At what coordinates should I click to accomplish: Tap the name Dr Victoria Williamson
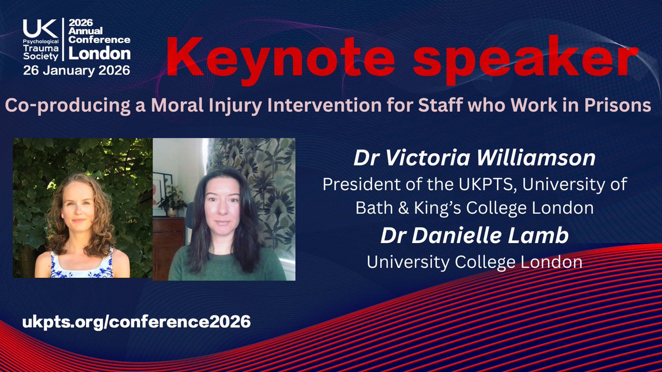pos(474,159)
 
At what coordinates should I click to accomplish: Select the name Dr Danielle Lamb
pos(474,235)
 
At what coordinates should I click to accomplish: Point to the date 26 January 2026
pos(77,71)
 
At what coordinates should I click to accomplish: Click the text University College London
pos(474,261)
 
